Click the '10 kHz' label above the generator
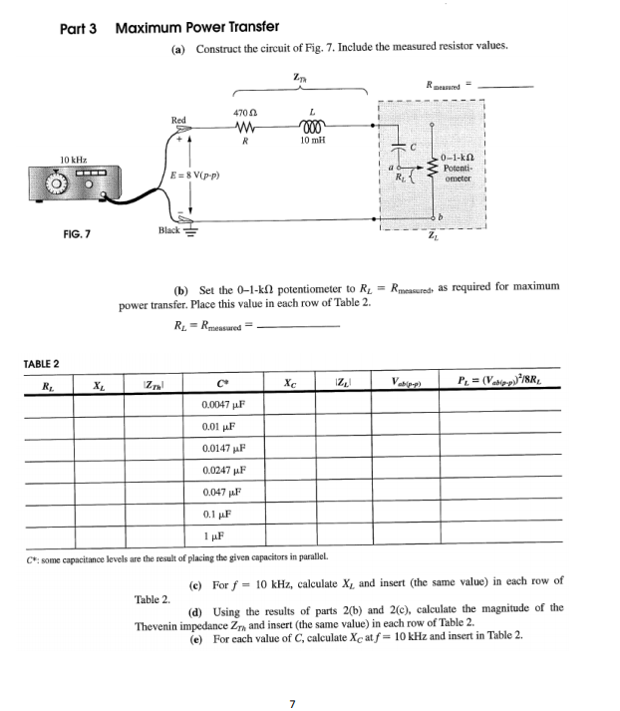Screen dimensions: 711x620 (75, 161)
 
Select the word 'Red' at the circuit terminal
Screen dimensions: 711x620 (178, 121)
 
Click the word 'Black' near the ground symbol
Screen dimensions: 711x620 (170, 231)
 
